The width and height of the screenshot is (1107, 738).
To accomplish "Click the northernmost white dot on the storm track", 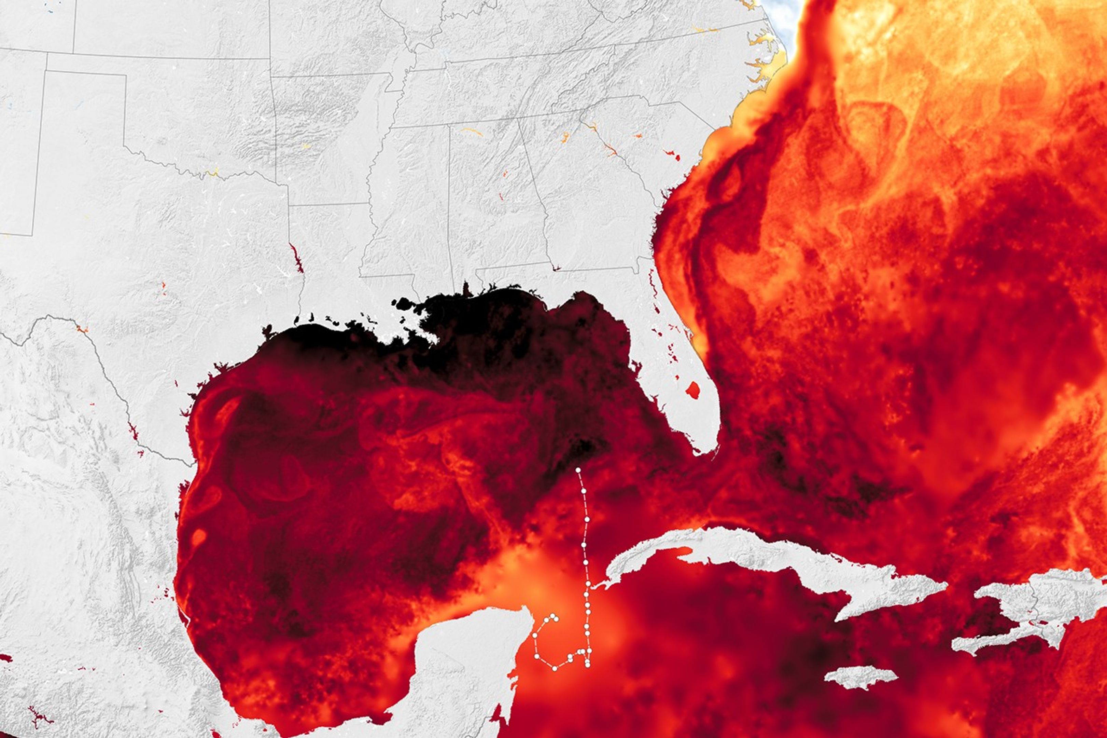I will (x=578, y=470).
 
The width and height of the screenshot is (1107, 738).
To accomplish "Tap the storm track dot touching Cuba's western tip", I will (x=588, y=583).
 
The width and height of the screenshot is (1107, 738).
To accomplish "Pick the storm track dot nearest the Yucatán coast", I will (x=535, y=635).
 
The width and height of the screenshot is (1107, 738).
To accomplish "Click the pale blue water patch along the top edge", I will (x=781, y=14).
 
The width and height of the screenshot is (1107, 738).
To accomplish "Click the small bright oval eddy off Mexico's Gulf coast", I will (x=199, y=536).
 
